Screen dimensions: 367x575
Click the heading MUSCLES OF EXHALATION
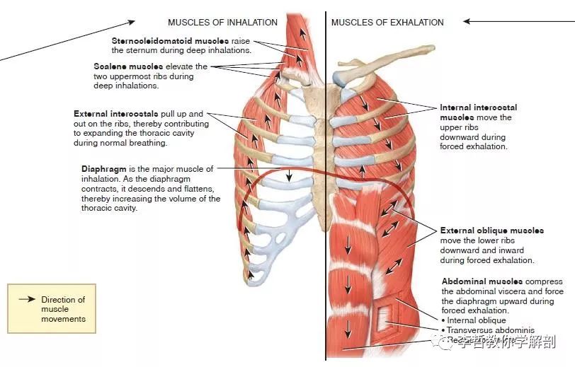coord(387,23)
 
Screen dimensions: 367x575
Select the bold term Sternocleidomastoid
coord(156,42)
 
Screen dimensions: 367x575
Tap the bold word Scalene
coord(110,66)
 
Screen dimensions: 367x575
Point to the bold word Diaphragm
coord(106,169)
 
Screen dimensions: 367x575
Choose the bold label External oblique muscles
coord(491,231)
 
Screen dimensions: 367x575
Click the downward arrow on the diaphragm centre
coord(289,175)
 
